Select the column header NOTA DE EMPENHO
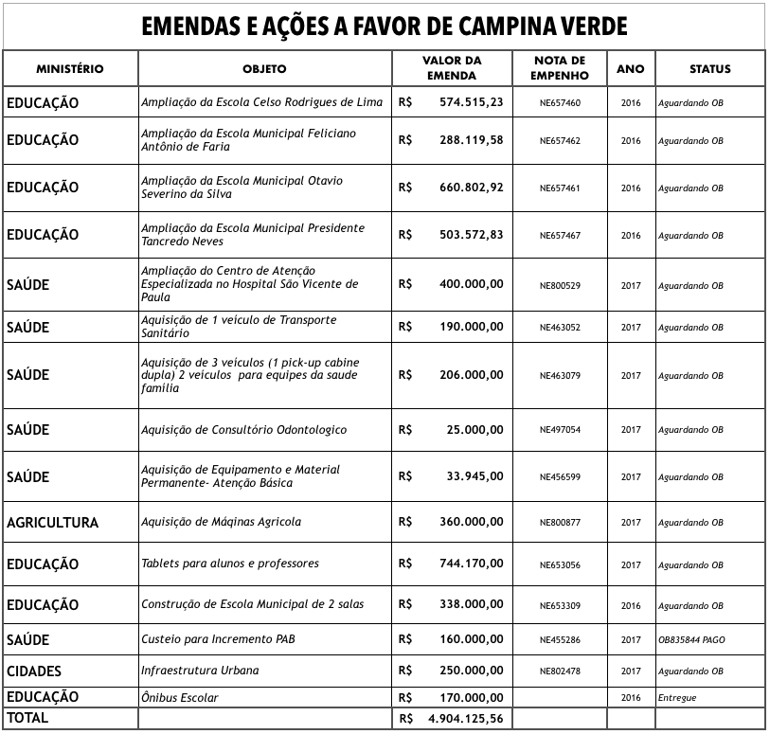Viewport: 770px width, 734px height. click(x=560, y=68)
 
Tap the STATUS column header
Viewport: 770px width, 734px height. click(x=709, y=69)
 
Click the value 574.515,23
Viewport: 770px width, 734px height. click(x=472, y=102)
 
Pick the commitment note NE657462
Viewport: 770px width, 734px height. click(x=560, y=141)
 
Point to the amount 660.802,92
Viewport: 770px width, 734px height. click(x=472, y=188)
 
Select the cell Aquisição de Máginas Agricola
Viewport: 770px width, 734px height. click(x=221, y=523)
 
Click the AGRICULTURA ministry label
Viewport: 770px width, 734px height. click(x=52, y=523)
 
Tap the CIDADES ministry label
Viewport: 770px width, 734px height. click(x=34, y=671)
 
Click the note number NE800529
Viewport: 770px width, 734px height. click(x=560, y=286)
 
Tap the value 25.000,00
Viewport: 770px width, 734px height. click(x=475, y=430)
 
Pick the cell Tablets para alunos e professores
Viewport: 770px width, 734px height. click(x=230, y=564)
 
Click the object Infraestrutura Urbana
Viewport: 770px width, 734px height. click(x=200, y=671)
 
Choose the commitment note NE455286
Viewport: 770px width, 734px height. click(x=560, y=640)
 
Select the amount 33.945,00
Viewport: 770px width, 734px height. click(x=475, y=476)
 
